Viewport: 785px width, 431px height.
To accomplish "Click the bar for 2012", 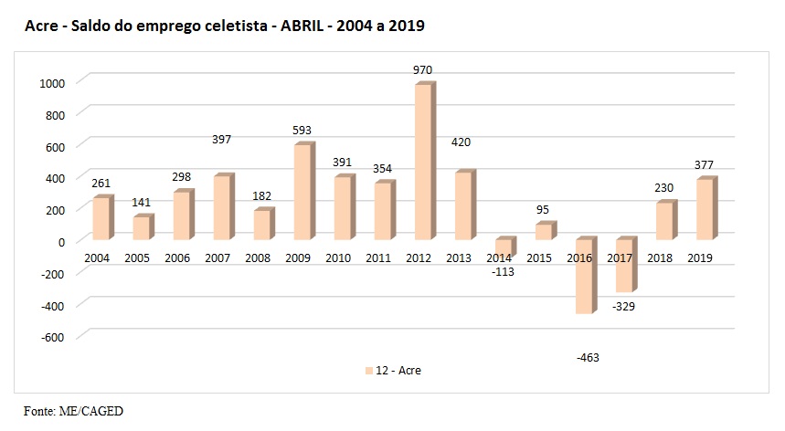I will click(423, 162).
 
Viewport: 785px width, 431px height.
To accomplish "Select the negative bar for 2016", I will click(582, 276).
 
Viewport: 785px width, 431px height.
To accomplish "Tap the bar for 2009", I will click(302, 192).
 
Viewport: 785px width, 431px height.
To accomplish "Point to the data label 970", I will click(422, 69).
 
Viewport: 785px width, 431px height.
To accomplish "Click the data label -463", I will click(588, 357).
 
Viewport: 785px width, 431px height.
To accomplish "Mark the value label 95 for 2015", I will click(542, 209).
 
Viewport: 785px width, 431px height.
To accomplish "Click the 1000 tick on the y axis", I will click(52, 82).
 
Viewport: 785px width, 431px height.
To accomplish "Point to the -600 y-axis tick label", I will click(54, 336).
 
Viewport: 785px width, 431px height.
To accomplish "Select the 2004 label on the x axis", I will click(97, 258).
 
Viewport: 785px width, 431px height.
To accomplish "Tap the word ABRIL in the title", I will click(300, 27).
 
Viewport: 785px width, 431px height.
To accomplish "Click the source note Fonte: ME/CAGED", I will click(73, 411).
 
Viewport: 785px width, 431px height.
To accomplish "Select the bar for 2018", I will click(662, 221).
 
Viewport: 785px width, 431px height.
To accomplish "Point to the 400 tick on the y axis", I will click(57, 177).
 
